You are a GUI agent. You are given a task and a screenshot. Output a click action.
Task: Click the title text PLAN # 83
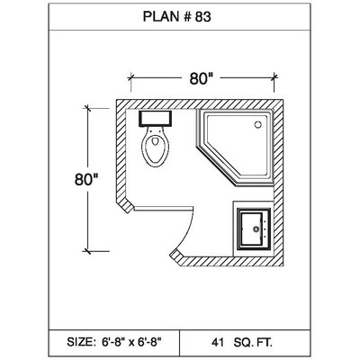tap(176, 17)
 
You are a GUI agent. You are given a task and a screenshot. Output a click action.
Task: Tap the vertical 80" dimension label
tap(86, 179)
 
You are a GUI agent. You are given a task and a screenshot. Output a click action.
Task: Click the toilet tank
tap(155, 119)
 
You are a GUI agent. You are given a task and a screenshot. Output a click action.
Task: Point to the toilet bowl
tap(155, 147)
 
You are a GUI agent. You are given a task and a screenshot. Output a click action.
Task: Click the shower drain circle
tap(257, 124)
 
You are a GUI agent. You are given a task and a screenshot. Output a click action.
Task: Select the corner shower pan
tap(235, 147)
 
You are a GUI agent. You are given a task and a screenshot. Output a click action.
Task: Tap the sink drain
tap(256, 229)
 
